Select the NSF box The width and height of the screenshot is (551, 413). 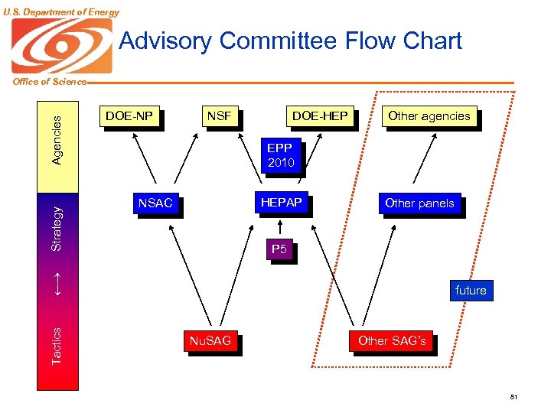pyautogui.click(x=219, y=116)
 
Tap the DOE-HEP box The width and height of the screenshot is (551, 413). pyautogui.click(x=319, y=116)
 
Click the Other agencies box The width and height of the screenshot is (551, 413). pyautogui.click(x=429, y=116)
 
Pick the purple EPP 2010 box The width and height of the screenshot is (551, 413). pyautogui.click(x=280, y=155)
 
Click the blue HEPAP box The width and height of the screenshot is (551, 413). pyautogui.click(x=281, y=203)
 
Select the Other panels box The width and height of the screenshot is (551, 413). pyautogui.click(x=419, y=203)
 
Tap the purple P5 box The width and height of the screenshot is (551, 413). pyautogui.click(x=279, y=249)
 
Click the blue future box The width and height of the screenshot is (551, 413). pyautogui.click(x=470, y=291)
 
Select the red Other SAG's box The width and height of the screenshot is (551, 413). pyautogui.click(x=392, y=341)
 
